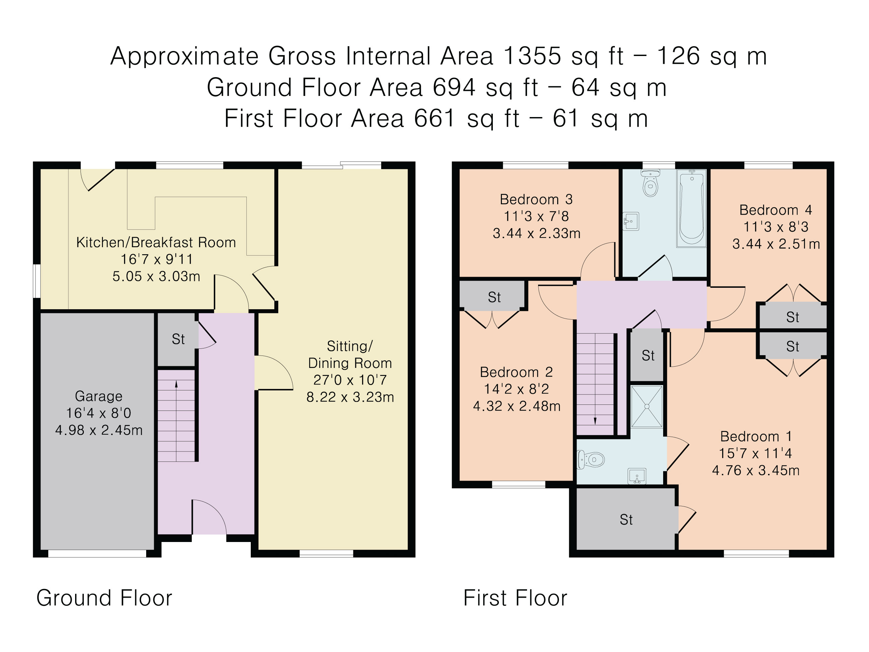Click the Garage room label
[99, 396]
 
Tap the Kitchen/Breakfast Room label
[156, 242]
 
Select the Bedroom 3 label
[536, 200]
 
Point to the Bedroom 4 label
[776, 210]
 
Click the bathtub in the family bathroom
[691, 208]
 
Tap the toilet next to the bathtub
[650, 183]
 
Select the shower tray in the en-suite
[647, 406]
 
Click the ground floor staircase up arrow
[176, 421]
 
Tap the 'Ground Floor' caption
[104, 598]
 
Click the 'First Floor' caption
[515, 598]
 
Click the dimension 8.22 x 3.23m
[350, 397]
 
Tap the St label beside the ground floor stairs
[178, 339]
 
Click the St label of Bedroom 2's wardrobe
[494, 297]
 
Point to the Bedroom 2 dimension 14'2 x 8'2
[516, 389]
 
